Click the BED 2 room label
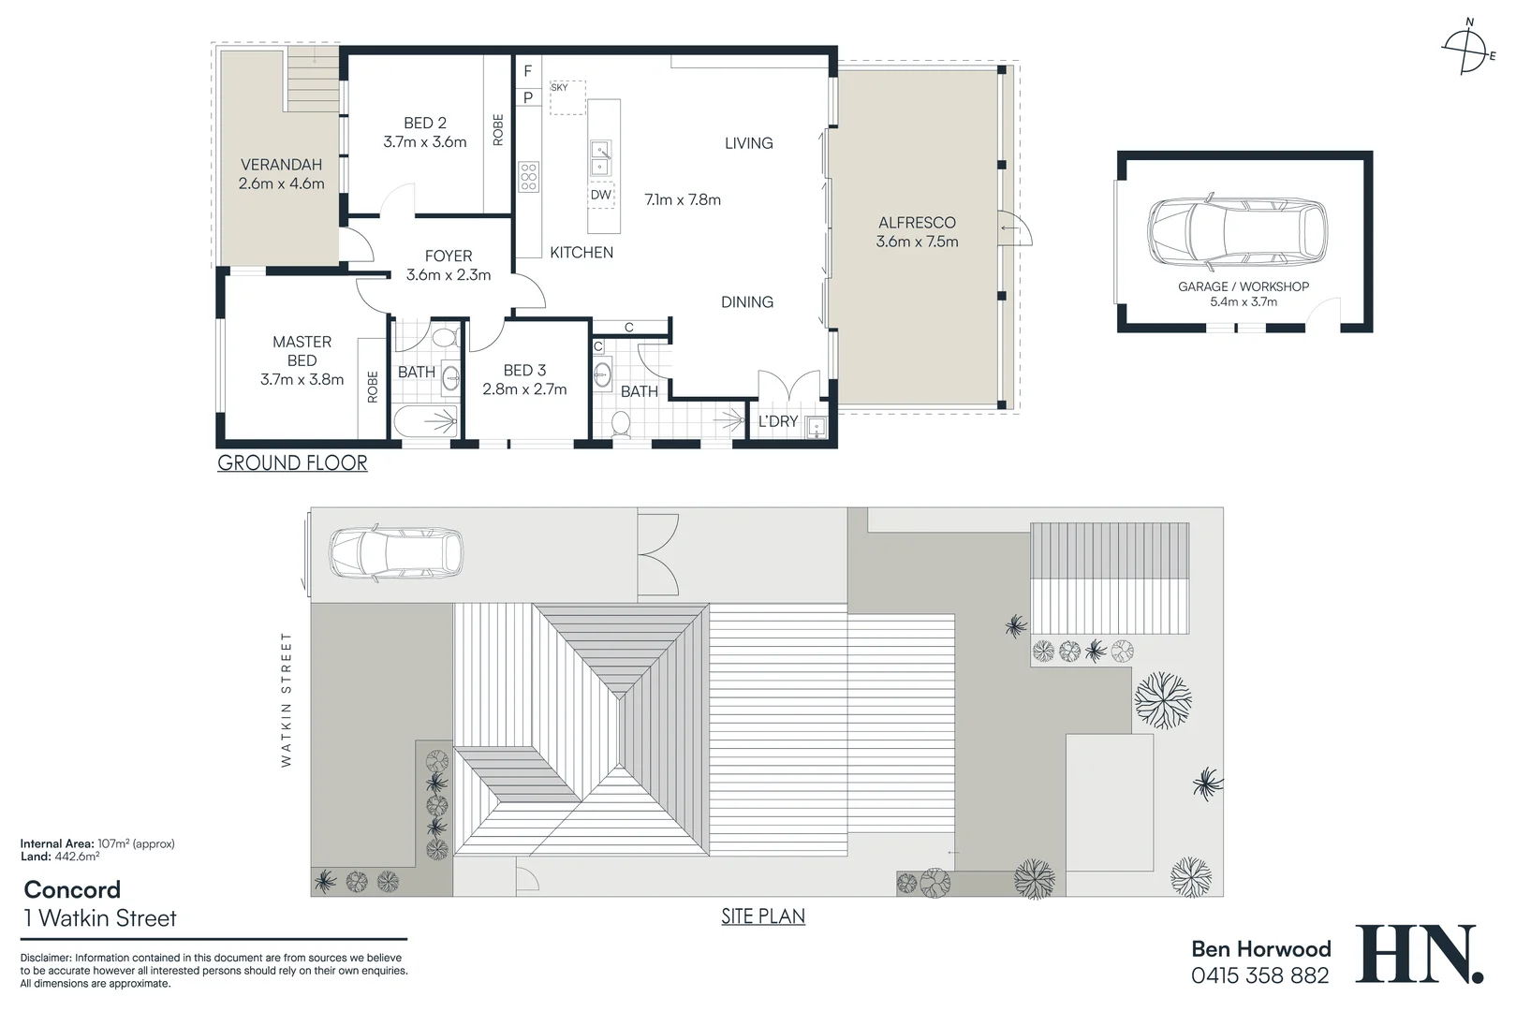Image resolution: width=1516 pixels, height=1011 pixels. click(424, 123)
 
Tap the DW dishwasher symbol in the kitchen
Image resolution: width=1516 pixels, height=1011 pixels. click(601, 195)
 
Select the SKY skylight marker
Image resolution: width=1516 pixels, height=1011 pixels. click(560, 88)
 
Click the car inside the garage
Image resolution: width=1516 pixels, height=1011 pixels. click(1237, 231)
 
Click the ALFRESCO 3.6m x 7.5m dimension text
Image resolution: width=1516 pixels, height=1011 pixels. click(917, 242)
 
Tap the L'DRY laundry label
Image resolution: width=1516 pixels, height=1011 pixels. click(777, 421)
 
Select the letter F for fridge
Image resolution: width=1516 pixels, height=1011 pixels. click(528, 71)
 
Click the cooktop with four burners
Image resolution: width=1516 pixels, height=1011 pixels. click(528, 176)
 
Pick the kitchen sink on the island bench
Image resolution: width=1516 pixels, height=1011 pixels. click(601, 158)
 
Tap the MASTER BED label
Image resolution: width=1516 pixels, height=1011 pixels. click(302, 351)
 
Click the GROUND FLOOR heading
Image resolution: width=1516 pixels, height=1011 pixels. click(292, 462)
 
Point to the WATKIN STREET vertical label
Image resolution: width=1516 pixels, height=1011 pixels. click(287, 699)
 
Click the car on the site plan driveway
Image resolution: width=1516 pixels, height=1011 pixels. click(395, 553)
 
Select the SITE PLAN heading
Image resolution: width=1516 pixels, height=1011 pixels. click(762, 916)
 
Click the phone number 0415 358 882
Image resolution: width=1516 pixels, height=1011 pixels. click(1259, 975)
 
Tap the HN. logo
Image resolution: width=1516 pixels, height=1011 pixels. click(1419, 954)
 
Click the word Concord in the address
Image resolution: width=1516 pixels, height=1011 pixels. click(72, 889)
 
